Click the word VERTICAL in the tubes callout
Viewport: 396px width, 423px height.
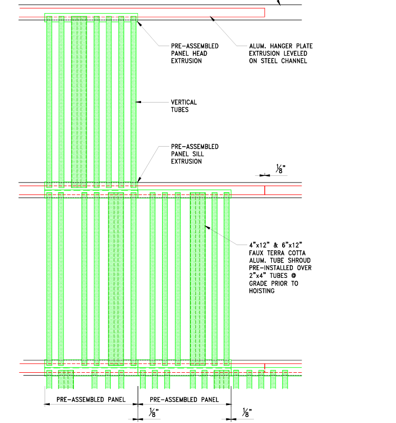184,102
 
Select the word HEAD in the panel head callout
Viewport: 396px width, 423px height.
200,53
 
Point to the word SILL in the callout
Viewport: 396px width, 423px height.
198,154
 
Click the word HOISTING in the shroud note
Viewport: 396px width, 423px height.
262,291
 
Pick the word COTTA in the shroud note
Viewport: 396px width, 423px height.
297,253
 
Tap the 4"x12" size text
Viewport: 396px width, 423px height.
259,245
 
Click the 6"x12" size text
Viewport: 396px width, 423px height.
292,245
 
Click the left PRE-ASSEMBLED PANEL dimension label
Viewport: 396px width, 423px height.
91,399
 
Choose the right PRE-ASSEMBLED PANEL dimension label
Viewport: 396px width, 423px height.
184,399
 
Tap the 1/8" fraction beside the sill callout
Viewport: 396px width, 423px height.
281,169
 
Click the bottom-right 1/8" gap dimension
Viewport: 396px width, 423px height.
246,413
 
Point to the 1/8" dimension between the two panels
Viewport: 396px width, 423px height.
153,413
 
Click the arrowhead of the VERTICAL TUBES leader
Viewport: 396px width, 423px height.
138,102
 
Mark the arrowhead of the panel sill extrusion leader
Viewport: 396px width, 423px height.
139,179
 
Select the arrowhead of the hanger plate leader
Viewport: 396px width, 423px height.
212,18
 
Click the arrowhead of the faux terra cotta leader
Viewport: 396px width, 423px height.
207,228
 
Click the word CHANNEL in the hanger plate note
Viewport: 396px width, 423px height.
294,61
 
